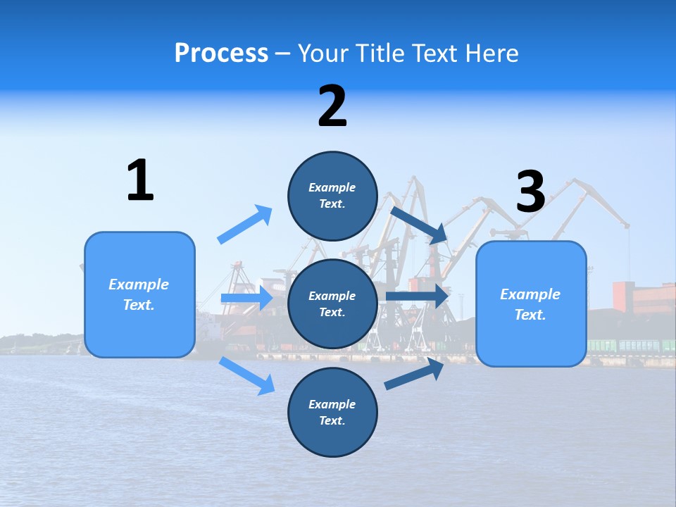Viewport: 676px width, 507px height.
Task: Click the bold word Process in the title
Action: [x=221, y=53]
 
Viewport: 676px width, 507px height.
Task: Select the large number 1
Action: [x=140, y=180]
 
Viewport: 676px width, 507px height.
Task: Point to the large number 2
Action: [x=332, y=106]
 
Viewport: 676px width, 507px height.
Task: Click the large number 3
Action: [x=530, y=192]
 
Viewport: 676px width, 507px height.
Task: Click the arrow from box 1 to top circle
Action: [x=245, y=225]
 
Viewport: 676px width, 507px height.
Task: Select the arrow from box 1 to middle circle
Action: [x=246, y=299]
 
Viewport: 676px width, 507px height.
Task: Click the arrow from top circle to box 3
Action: [x=420, y=225]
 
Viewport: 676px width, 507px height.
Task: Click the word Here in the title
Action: [x=494, y=53]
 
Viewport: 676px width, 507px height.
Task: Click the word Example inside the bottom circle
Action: [x=332, y=404]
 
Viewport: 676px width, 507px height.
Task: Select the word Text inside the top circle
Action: [x=331, y=204]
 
